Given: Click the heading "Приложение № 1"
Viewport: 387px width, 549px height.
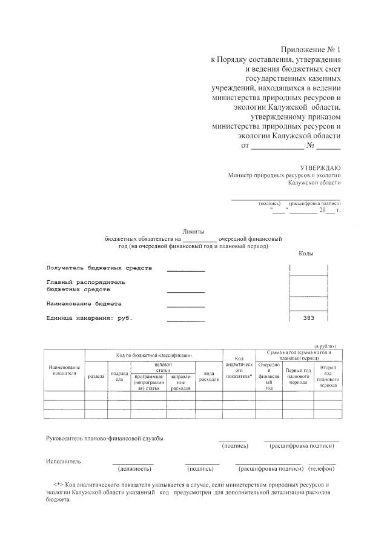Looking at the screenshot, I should [x=311, y=49].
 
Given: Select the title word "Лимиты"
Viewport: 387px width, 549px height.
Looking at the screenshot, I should [x=193, y=231].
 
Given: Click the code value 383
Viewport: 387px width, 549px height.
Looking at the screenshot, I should [x=308, y=317].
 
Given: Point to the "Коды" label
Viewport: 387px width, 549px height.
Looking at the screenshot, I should [x=306, y=253].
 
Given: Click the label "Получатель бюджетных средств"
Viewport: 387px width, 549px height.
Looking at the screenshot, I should [x=99, y=268].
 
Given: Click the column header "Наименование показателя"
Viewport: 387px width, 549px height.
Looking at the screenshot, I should [x=64, y=370].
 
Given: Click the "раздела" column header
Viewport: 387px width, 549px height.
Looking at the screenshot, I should [x=96, y=376].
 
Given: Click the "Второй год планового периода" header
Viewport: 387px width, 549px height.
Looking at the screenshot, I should [x=328, y=376].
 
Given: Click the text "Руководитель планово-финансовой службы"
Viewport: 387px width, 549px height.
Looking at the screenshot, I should [x=105, y=438].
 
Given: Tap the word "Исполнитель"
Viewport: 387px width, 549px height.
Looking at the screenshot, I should [x=63, y=461].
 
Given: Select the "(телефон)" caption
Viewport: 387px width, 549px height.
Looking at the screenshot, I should [x=321, y=468].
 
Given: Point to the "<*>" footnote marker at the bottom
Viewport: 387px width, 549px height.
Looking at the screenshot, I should [x=58, y=485].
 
